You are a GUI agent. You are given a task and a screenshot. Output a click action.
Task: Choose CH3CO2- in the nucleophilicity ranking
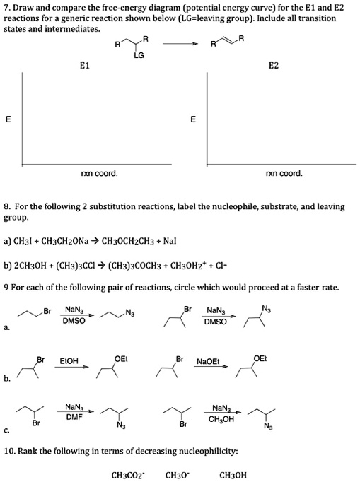[x=128, y=475]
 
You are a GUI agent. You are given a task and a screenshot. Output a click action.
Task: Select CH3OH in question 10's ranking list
[x=233, y=475]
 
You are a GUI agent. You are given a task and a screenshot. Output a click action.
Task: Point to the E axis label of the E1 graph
[x=8, y=119]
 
